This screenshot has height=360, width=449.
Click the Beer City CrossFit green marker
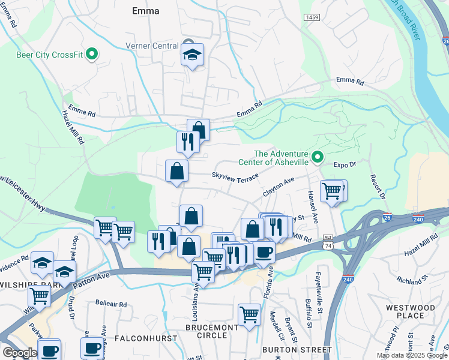[x=92, y=55]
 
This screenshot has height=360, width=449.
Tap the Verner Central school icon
[x=192, y=55]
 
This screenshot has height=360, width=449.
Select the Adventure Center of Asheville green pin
[x=318, y=158]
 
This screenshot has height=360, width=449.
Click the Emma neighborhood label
[x=145, y=11]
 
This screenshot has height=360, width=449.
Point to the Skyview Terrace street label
[x=234, y=176]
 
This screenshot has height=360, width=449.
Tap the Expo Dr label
[x=345, y=164]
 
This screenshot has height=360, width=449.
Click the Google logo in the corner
[x=19, y=353]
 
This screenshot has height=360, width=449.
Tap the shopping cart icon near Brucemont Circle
[x=249, y=314]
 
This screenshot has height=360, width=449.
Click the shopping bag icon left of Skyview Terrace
[x=177, y=172]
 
